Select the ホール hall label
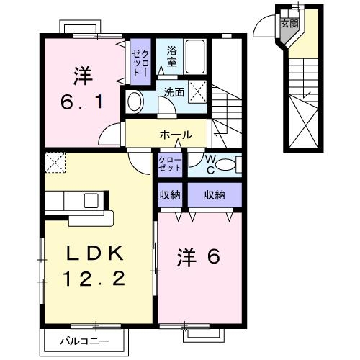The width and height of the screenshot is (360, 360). (x=175, y=135)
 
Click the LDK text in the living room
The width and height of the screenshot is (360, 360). (x=96, y=253)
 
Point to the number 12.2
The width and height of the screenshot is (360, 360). (x=96, y=277)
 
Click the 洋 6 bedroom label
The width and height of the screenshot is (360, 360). (x=199, y=257)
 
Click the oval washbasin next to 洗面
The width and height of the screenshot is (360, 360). (x=135, y=102)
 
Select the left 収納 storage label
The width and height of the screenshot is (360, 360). (x=170, y=194)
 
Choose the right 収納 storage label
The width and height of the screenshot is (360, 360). (x=214, y=194)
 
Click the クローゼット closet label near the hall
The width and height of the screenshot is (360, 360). (x=170, y=163)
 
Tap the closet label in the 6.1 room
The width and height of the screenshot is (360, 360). (x=139, y=60)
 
